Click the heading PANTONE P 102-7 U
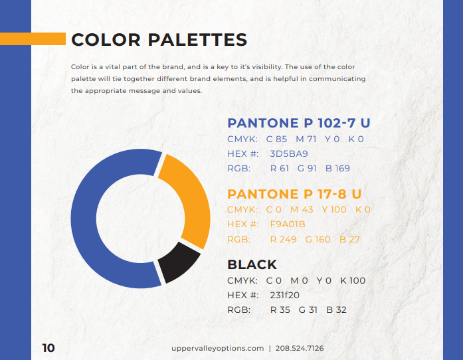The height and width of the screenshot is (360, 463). click(298, 123)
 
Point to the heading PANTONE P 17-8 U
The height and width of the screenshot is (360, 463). click(294, 194)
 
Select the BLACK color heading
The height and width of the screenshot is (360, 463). click(252, 264)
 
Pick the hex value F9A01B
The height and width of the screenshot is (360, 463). click(287, 224)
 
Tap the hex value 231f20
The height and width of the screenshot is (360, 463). click(284, 295)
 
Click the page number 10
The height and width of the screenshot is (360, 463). click(48, 348)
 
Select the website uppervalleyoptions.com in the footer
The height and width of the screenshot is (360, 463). click(217, 348)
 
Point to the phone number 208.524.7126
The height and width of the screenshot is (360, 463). click(300, 348)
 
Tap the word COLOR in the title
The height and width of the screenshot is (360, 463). click(105, 40)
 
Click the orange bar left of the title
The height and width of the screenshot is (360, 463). click(33, 39)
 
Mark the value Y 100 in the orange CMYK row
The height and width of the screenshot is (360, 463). click(334, 209)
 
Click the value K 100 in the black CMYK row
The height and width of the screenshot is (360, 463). click(353, 280)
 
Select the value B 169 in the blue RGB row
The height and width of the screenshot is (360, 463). click(337, 168)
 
